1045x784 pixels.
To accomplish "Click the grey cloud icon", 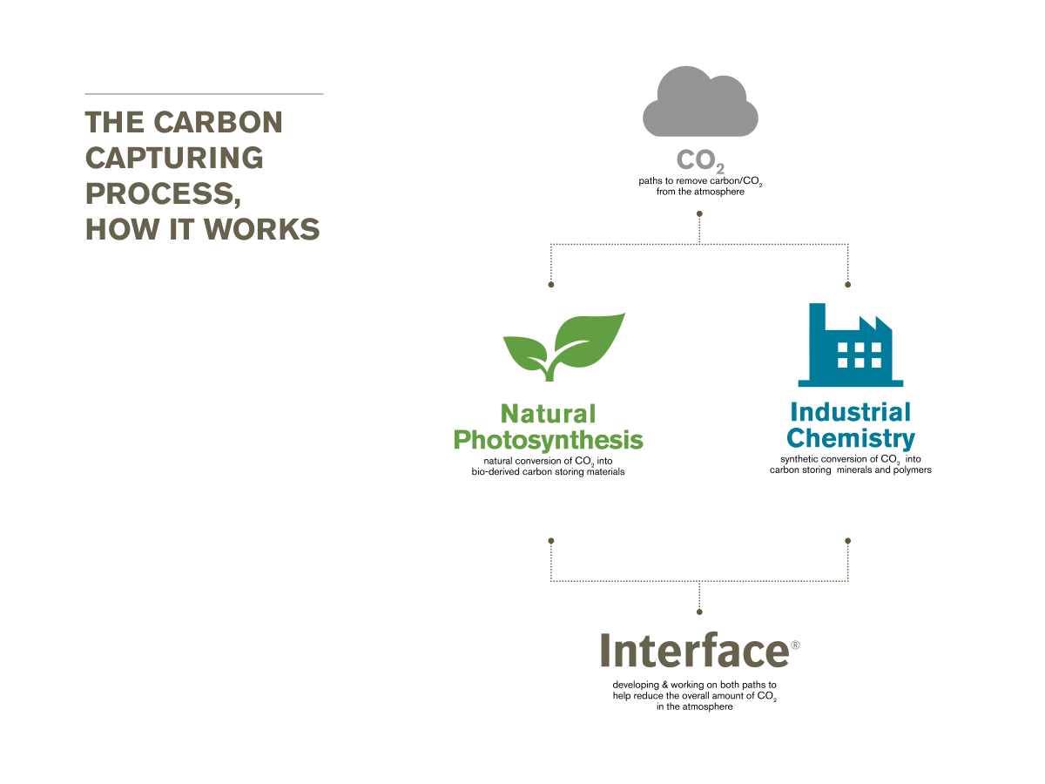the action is click(x=700, y=101).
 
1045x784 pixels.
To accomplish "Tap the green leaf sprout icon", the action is click(x=564, y=347).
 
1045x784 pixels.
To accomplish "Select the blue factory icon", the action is click(x=850, y=345).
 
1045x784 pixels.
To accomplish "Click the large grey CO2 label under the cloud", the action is click(x=700, y=161).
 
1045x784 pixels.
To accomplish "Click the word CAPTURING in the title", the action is click(x=174, y=158).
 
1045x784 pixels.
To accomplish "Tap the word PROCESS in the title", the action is click(x=159, y=193).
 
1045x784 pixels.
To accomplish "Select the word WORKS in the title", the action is click(x=262, y=229).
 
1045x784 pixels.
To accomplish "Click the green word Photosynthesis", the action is click(x=548, y=441).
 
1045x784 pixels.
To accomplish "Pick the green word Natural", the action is click(x=548, y=414).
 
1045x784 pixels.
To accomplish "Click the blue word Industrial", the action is click(x=850, y=412).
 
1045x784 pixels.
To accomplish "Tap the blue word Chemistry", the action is click(x=850, y=438).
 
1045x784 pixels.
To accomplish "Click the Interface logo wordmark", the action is click(x=695, y=650).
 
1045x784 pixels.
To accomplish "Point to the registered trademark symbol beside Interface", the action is click(x=795, y=645).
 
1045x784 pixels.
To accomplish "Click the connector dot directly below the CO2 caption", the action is click(x=699, y=213).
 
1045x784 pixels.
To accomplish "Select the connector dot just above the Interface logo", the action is click(x=699, y=612).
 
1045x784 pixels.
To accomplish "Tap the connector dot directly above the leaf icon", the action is click(x=551, y=285).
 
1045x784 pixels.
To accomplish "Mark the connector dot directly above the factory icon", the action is click(x=847, y=285).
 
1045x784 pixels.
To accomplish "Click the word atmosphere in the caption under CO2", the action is click(x=718, y=192).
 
